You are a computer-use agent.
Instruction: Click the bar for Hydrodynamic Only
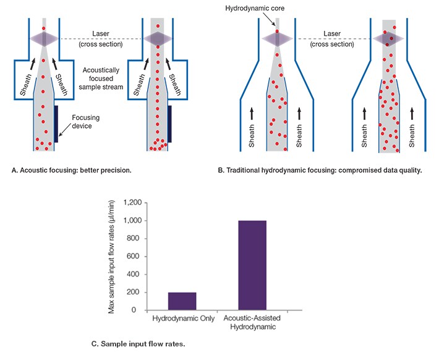click(x=182, y=301)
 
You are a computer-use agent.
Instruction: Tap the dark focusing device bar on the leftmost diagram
click(x=57, y=124)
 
